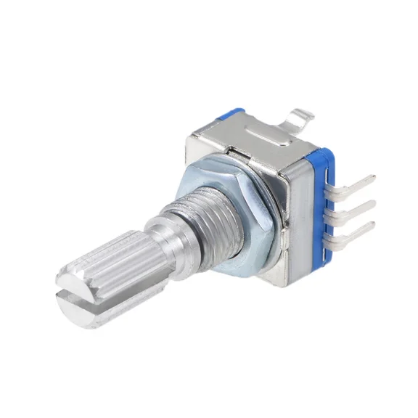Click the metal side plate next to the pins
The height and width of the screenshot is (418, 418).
point(294,210)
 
